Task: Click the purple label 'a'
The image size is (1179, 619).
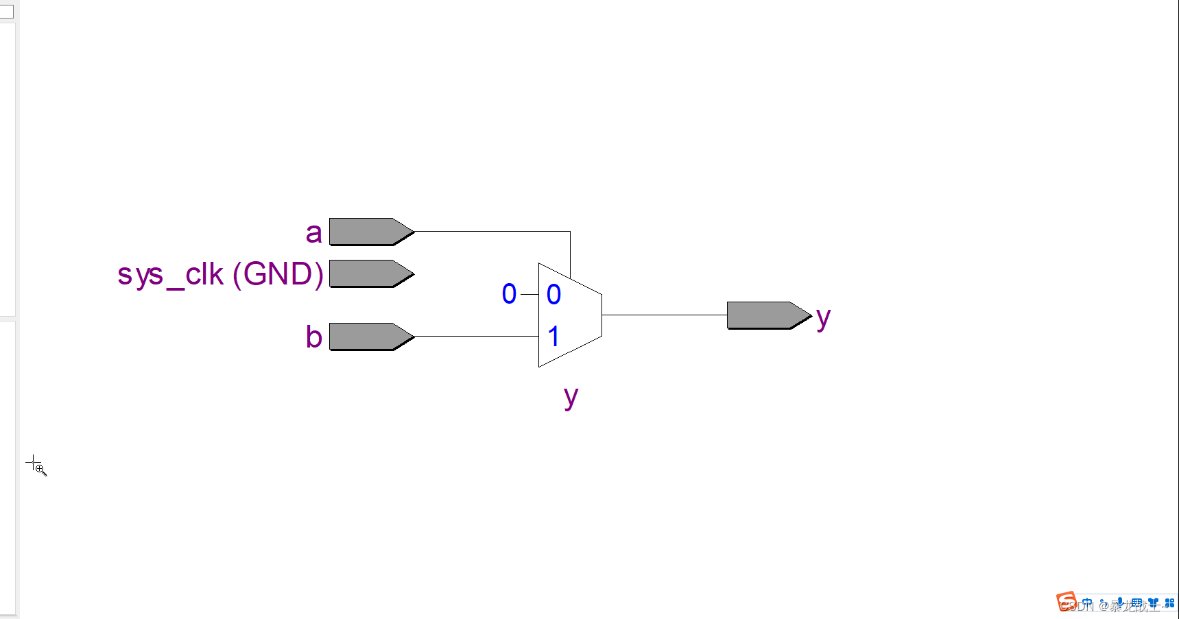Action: (313, 233)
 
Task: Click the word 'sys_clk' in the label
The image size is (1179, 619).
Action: (170, 275)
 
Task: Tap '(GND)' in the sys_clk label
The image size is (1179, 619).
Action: (278, 274)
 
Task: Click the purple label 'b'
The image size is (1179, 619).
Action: (313, 337)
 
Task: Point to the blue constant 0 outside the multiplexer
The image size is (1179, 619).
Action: (509, 294)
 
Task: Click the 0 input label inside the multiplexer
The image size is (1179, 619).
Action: (553, 295)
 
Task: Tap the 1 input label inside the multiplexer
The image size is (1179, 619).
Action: (553, 337)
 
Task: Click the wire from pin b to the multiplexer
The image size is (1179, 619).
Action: (477, 337)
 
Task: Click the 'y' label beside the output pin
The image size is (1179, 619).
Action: (823, 318)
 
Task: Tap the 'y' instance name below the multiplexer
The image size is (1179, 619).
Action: (571, 397)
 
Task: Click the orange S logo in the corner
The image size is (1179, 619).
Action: (1067, 602)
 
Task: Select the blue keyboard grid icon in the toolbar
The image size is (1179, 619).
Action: (1136, 603)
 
